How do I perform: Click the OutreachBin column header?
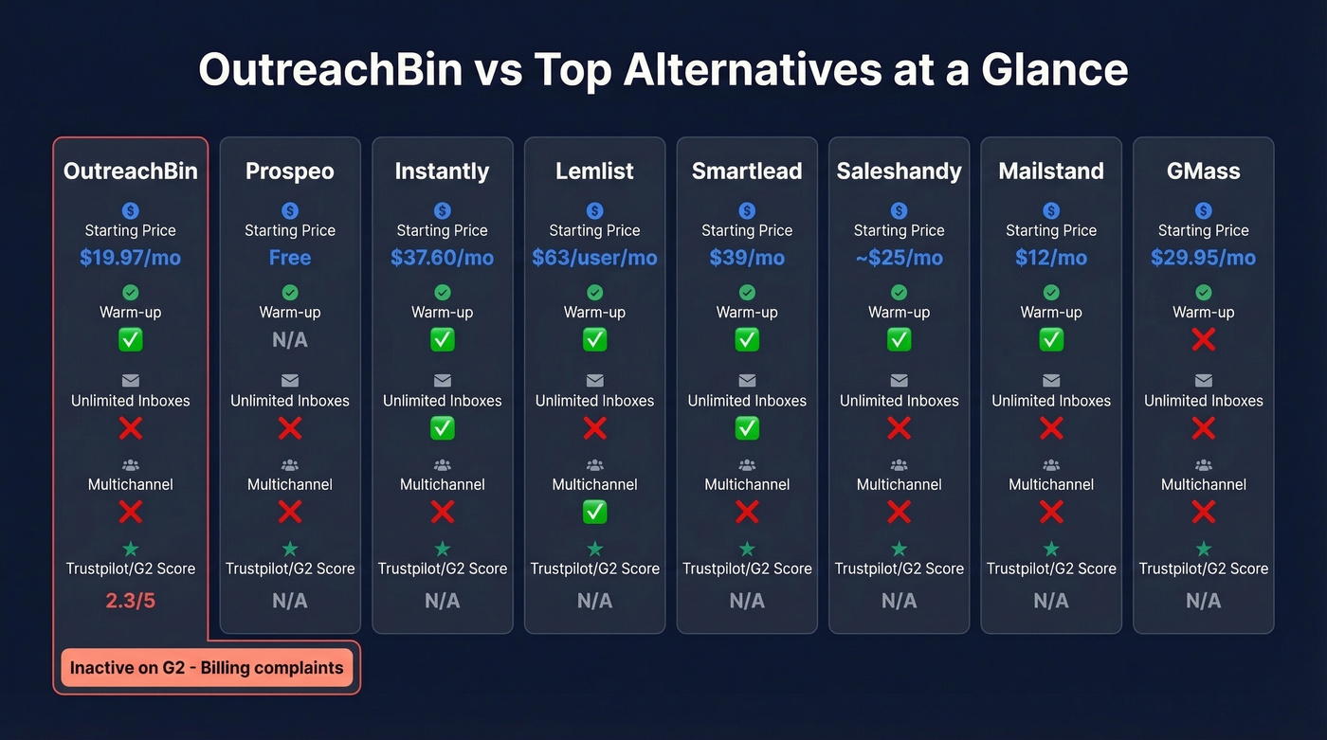(131, 171)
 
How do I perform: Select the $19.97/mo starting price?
(131, 258)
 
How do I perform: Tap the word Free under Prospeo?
(290, 258)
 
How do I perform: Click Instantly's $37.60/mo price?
(443, 258)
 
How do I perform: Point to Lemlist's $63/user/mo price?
(594, 258)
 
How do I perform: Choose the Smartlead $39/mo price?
(747, 258)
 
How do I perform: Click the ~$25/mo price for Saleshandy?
(900, 258)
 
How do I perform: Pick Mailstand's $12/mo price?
(1051, 258)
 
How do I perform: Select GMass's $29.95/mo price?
(1204, 258)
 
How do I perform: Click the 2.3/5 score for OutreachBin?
(131, 601)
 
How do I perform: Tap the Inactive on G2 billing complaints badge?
(207, 668)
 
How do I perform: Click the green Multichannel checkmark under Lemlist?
(594, 513)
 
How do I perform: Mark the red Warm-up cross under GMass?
(1204, 339)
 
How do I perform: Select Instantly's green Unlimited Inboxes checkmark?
(443, 428)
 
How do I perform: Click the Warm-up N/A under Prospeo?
(290, 340)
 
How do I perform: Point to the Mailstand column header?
(1051, 171)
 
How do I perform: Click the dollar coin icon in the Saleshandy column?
(900, 210)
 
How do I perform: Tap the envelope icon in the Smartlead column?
(747, 381)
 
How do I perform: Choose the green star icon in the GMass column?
(1204, 549)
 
